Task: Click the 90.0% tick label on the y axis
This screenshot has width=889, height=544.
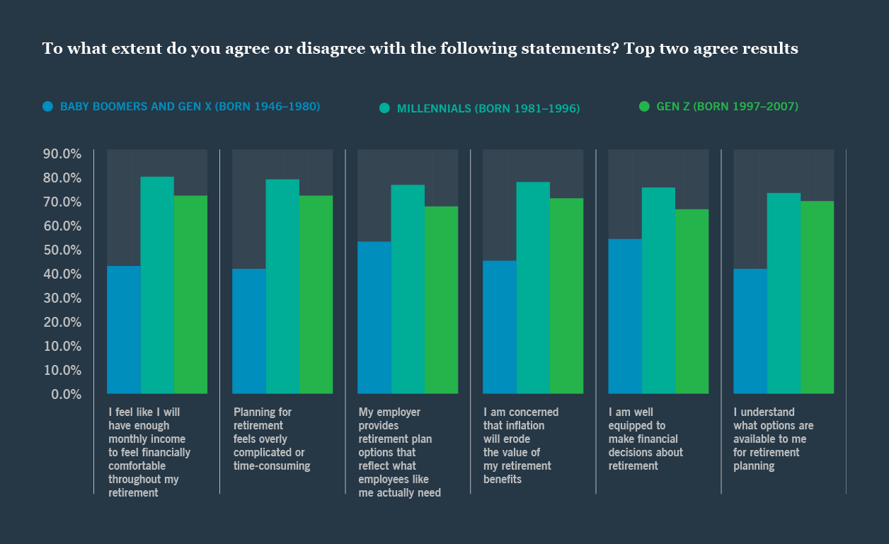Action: tap(62, 154)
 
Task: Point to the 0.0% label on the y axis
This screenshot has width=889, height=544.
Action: tap(66, 394)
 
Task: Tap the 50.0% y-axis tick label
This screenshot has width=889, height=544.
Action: tap(62, 250)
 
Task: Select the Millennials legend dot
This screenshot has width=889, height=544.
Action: tap(384, 108)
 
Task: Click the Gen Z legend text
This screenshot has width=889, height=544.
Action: tap(727, 107)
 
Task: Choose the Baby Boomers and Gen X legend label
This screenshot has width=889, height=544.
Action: tap(190, 107)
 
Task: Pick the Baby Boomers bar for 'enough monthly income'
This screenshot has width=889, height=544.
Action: tap(124, 330)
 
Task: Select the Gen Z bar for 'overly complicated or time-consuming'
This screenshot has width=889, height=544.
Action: tap(316, 294)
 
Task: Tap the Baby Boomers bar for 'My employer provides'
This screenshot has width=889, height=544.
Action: tap(374, 318)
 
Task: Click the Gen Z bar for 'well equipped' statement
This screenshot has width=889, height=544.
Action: tap(692, 301)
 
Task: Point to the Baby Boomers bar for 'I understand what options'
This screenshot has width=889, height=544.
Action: tap(750, 331)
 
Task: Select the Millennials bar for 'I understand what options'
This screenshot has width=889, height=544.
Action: tap(784, 293)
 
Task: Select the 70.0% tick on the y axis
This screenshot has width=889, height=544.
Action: tap(62, 202)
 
